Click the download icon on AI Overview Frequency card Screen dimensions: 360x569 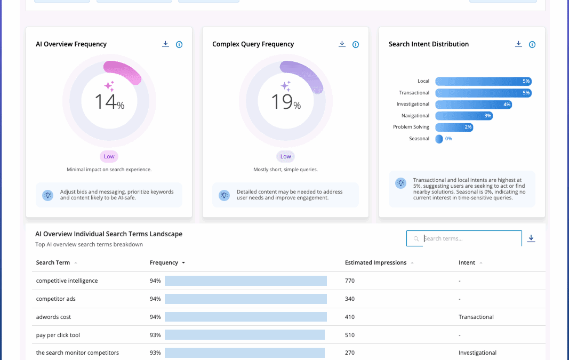point(165,44)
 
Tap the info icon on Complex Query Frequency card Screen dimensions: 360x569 point(356,45)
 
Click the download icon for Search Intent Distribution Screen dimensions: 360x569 point(518,44)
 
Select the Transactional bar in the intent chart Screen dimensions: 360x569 point(483,93)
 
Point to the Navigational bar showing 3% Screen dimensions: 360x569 point(463,116)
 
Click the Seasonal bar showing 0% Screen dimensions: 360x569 point(439,139)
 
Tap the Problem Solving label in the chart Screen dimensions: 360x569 point(411,127)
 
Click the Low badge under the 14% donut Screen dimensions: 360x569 point(109,156)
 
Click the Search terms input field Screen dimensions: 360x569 point(469,238)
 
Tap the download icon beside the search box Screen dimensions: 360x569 point(531,238)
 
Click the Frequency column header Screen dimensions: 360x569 point(164,262)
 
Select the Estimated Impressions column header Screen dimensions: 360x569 point(375,262)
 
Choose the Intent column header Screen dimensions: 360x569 point(467,262)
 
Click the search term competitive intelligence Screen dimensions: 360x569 point(67,281)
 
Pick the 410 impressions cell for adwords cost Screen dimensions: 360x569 point(350,317)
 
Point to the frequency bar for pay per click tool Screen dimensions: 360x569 point(244,335)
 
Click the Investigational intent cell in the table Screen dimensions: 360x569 point(477,353)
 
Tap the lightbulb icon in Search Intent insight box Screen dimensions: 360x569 point(400,183)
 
